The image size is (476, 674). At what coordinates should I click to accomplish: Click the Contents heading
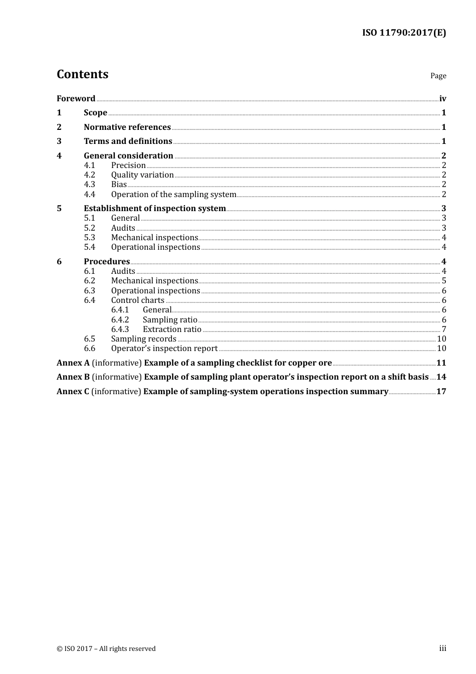(82, 74)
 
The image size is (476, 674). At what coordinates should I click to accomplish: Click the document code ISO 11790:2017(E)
(404, 33)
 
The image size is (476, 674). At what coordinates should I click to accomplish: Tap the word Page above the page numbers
(438, 76)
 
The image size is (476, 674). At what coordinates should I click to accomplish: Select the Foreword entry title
(76, 99)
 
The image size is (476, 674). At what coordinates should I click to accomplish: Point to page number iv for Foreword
(442, 99)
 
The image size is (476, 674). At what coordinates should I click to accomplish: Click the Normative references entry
(127, 127)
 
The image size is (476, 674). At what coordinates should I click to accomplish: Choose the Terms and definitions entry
(128, 141)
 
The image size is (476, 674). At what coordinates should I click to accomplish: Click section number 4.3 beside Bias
(89, 185)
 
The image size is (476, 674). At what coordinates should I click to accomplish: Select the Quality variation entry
(142, 175)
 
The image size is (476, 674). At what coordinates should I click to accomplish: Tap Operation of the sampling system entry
(173, 195)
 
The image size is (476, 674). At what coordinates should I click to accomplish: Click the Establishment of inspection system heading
(155, 209)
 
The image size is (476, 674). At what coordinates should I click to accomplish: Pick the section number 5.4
(89, 247)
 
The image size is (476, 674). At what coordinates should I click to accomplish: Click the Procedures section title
(107, 262)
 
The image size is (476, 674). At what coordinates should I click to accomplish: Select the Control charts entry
(138, 300)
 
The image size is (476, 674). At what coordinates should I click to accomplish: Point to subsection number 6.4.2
(120, 320)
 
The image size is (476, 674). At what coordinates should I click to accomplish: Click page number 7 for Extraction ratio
(444, 329)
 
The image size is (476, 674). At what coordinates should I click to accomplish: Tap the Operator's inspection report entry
(164, 349)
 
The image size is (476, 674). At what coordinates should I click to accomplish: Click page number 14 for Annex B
(441, 377)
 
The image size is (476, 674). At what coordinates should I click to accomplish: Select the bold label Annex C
(73, 392)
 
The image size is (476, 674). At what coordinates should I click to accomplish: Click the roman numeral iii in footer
(442, 648)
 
